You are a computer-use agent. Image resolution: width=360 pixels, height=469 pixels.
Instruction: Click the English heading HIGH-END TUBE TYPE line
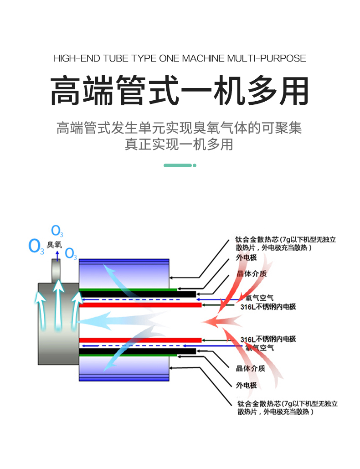point(180,58)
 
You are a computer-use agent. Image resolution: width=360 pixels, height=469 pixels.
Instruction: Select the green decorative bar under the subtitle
point(180,165)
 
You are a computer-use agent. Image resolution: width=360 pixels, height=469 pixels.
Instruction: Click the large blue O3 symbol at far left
point(36,246)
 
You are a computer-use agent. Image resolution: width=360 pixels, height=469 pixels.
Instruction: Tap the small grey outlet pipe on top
point(57,271)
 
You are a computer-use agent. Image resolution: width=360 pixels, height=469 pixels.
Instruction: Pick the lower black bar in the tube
point(137,351)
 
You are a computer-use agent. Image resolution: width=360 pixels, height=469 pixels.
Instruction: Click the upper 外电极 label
point(246,258)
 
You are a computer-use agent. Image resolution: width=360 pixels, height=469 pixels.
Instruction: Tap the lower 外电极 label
point(246,385)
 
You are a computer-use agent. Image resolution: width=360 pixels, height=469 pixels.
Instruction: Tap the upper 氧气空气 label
point(260,299)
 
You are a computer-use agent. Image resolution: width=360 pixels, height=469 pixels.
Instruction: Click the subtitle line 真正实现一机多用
point(180,144)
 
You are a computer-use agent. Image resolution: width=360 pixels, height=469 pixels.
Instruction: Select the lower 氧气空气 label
point(260,347)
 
